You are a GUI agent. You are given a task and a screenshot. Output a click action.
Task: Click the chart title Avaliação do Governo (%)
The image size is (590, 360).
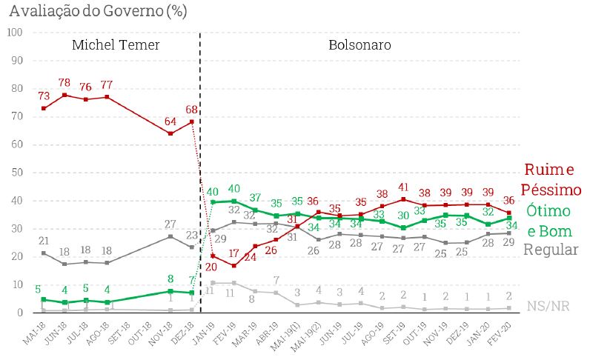pos(97,11)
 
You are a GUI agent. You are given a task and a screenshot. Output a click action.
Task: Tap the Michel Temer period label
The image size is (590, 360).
pos(116,45)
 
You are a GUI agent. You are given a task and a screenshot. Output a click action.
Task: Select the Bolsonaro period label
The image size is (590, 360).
pos(360,45)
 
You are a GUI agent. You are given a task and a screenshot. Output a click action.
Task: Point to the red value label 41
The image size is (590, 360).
pos(404,187)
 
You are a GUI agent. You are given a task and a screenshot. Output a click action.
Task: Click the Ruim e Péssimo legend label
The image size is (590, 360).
pos(550,179)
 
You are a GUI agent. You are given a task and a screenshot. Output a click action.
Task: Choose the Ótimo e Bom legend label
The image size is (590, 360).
pos(550,221)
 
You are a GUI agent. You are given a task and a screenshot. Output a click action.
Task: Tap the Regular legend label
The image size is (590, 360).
pos(550,250)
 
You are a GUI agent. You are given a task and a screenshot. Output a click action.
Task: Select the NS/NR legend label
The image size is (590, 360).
pos(552,306)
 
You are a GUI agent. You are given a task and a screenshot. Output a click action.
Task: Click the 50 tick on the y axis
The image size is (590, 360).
pos(17,173)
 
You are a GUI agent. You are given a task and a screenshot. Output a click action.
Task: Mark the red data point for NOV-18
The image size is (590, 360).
pos(170,133)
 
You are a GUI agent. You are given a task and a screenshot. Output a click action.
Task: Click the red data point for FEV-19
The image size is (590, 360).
pos(234,265)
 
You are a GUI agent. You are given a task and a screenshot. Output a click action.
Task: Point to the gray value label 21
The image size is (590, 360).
pos(44,241)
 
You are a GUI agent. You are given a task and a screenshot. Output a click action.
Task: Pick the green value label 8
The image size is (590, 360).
pos(170,279)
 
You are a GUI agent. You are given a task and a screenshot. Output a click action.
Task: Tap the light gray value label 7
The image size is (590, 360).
pos(276,281)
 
